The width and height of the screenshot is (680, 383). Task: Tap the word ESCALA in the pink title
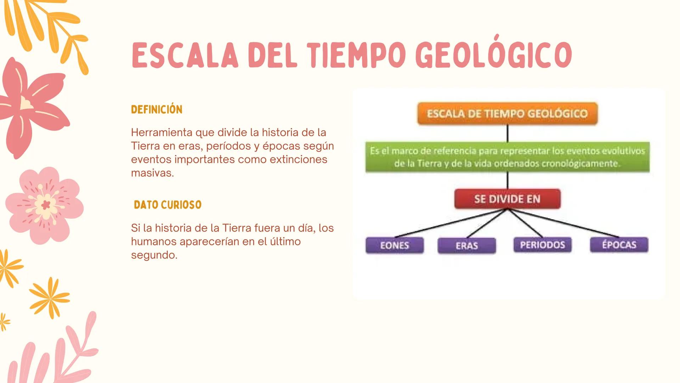pyautogui.click(x=185, y=56)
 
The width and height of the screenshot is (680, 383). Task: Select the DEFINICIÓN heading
pyautogui.click(x=157, y=110)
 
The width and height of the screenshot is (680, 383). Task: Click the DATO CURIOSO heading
pyautogui.click(x=168, y=205)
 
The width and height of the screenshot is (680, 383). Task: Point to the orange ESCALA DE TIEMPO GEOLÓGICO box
pyautogui.click(x=507, y=113)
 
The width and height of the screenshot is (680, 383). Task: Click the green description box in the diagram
pyautogui.click(x=507, y=157)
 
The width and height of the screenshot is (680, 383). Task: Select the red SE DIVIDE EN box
pyautogui.click(x=507, y=199)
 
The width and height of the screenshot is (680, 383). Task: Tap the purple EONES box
pyautogui.click(x=394, y=245)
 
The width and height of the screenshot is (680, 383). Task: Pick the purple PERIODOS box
pyautogui.click(x=543, y=245)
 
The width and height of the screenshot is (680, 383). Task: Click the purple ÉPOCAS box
pyautogui.click(x=619, y=245)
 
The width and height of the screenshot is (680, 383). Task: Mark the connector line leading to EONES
pyautogui.click(x=450, y=223)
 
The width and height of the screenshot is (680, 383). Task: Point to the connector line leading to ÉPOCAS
pyautogui.click(x=563, y=223)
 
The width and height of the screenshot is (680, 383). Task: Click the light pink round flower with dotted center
pyautogui.click(x=45, y=205)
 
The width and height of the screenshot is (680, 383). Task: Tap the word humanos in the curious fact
pyautogui.click(x=154, y=242)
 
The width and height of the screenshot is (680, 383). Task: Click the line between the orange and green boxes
pyautogui.click(x=507, y=133)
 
